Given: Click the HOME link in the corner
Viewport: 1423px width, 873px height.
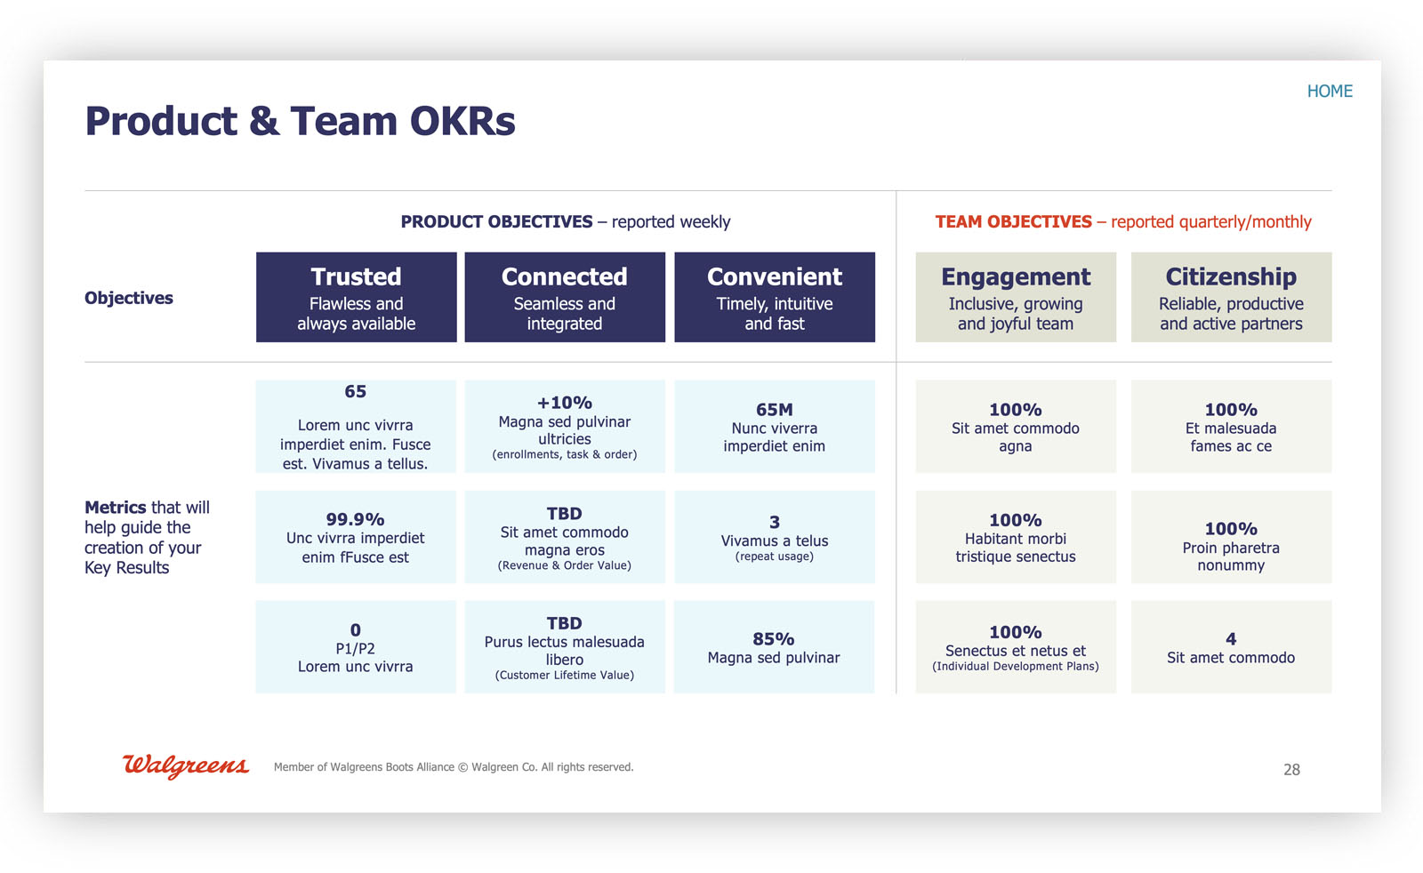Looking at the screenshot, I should point(1329,92).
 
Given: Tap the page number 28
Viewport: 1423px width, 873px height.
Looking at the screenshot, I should point(1291,770).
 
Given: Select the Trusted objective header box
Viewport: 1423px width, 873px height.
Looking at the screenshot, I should point(356,297).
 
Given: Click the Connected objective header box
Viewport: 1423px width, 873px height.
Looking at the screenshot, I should point(565,297).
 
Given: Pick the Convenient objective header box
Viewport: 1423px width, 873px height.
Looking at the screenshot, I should point(774,297).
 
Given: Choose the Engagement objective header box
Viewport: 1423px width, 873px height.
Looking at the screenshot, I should point(1016,297).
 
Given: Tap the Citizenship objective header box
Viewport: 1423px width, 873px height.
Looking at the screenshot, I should point(1231,297).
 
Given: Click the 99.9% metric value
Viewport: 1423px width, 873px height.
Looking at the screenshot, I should point(355,519).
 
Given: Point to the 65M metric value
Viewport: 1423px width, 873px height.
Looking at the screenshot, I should point(774,410).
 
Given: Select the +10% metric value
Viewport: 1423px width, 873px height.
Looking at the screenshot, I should point(564,403).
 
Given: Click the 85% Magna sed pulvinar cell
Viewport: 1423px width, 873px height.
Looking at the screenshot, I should point(774,647).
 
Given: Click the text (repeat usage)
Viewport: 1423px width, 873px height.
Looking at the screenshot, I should point(774,557).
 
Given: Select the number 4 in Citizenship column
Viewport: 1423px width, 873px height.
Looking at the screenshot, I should point(1231,639).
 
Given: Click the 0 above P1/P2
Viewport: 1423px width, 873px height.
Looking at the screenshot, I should point(355,630).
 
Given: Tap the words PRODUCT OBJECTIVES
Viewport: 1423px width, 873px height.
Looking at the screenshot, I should point(496,221).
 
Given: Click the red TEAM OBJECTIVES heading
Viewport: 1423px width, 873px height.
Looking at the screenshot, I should point(1013,221).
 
